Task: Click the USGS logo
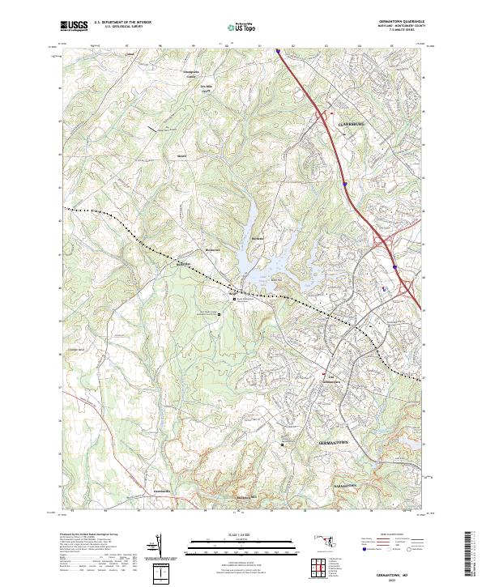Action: pos(73,26)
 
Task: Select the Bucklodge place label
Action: pos(183,264)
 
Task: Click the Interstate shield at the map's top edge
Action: pos(278,50)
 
